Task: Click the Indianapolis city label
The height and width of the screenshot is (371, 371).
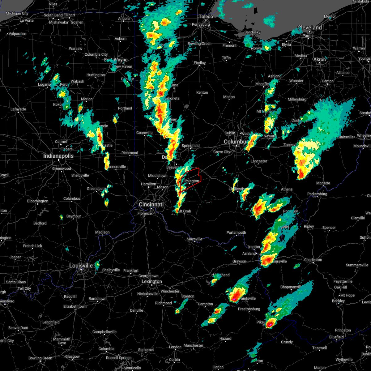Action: (x=58, y=156)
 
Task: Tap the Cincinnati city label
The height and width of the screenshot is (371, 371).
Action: (x=151, y=204)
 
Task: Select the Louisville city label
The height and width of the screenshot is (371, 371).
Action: (x=81, y=266)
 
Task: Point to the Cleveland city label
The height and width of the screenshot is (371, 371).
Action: (x=309, y=28)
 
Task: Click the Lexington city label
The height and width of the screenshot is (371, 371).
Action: (x=151, y=281)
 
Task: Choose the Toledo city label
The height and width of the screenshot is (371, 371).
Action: (x=206, y=16)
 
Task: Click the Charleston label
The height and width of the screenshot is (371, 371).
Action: (x=313, y=260)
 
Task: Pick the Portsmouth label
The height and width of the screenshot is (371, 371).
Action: (x=236, y=232)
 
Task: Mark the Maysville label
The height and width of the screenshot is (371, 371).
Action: (x=194, y=239)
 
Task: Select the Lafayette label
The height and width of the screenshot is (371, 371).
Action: (x=18, y=109)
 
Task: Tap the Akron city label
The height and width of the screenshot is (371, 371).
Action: (x=319, y=59)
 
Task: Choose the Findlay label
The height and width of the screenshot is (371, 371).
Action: (x=200, y=63)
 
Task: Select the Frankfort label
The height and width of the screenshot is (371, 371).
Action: (x=131, y=271)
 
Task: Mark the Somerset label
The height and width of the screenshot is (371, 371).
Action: (x=146, y=350)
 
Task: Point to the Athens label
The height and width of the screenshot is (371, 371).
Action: (x=287, y=189)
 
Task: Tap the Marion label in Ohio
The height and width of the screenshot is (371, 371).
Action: (x=229, y=97)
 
